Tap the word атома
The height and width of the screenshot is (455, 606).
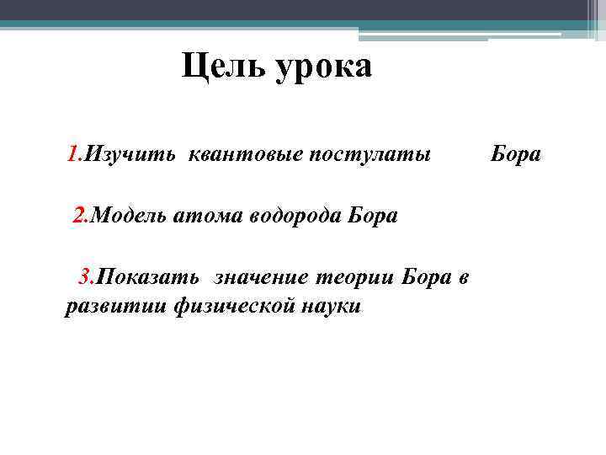(x=206, y=216)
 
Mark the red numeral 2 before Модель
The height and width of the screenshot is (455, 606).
(x=79, y=215)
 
